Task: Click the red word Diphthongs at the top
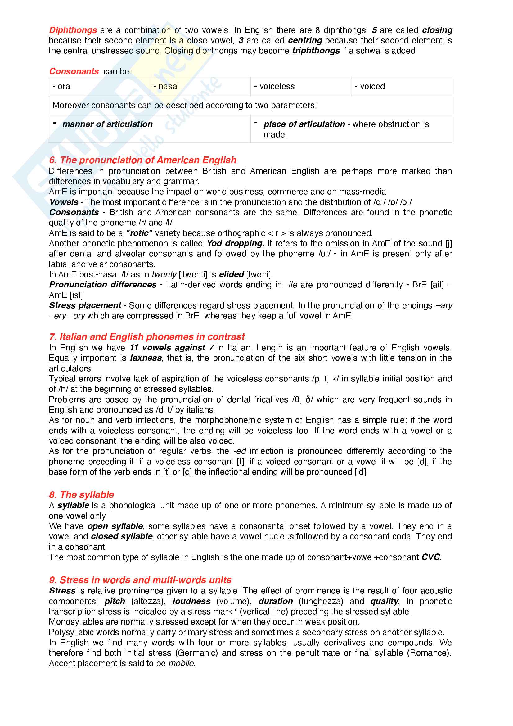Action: tap(73, 30)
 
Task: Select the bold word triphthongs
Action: tap(316, 51)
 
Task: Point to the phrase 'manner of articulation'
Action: tap(107, 124)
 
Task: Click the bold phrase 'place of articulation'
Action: tap(304, 124)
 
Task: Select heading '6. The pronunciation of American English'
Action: tap(142, 160)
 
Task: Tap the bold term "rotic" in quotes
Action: tap(139, 233)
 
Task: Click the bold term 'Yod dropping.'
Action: tap(236, 243)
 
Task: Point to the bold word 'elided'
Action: tap(232, 274)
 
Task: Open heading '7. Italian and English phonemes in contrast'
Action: tap(147, 337)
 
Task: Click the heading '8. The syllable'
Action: tap(82, 495)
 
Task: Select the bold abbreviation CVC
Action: tap(430, 557)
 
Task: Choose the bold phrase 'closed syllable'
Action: tap(122, 537)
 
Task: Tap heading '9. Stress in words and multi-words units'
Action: tap(140, 580)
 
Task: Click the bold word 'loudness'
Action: tap(191, 602)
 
